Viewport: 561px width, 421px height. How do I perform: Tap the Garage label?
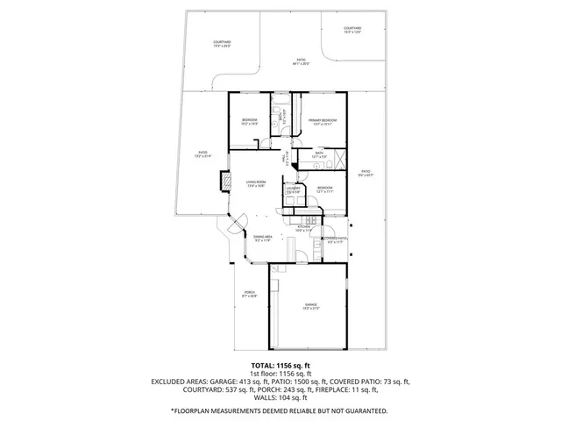coord(305,306)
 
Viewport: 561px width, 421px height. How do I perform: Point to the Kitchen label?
coord(303,228)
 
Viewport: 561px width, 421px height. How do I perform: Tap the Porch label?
coord(249,294)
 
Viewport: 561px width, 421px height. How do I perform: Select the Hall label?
coord(284,161)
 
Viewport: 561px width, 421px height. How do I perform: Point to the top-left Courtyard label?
coord(222,43)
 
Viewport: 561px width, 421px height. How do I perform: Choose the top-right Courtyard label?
coord(351,31)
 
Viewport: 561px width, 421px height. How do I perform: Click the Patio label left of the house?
coord(202,154)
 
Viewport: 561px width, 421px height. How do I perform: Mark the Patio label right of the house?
coord(366,173)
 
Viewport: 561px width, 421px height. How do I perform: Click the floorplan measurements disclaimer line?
coord(280,410)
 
